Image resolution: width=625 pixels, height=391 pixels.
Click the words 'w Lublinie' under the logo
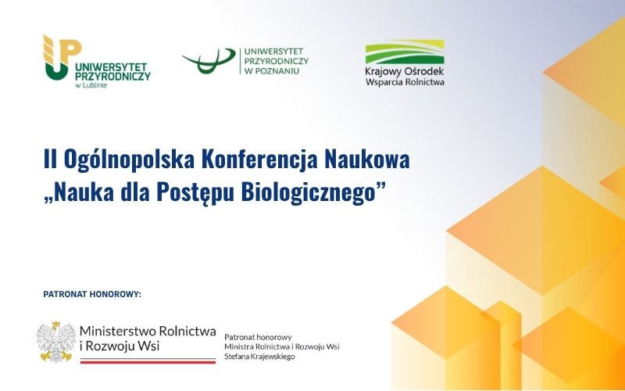(91, 85)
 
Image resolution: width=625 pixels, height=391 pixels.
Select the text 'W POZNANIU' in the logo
(271, 71)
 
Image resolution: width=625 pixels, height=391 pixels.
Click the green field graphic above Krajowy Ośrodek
(405, 52)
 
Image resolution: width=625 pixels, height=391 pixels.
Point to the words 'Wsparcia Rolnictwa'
(405, 82)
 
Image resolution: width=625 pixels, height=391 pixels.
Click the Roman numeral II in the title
(50, 160)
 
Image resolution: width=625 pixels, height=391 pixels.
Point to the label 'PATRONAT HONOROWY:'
(91, 294)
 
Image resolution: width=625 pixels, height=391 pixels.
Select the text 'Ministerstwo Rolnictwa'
(148, 332)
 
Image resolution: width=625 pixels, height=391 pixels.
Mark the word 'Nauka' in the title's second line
(76, 192)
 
